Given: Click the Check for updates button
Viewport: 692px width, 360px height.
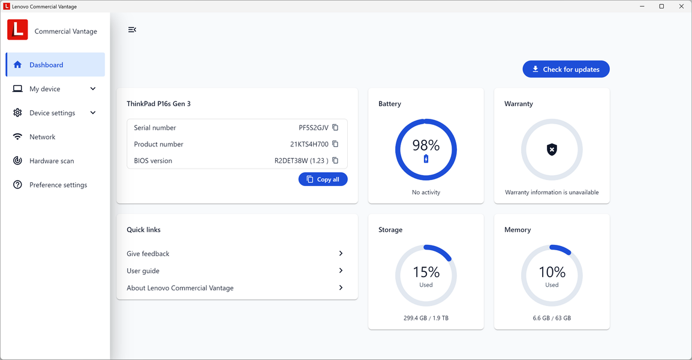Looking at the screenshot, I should pyautogui.click(x=565, y=70).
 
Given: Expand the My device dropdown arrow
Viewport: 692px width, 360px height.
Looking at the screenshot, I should pyautogui.click(x=93, y=89).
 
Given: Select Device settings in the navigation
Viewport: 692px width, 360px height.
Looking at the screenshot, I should pyautogui.click(x=52, y=113).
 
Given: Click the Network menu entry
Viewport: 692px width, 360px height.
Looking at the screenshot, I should pyautogui.click(x=42, y=137).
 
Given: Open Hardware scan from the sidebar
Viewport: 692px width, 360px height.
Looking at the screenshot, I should pyautogui.click(x=52, y=161).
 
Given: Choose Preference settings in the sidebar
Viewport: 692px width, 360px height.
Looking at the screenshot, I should pyautogui.click(x=58, y=185).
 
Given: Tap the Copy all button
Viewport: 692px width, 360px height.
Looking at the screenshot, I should pyautogui.click(x=323, y=179).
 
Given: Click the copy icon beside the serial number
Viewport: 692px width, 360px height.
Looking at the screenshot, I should pyautogui.click(x=335, y=128).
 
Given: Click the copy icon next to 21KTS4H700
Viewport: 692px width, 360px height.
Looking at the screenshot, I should pyautogui.click(x=335, y=144).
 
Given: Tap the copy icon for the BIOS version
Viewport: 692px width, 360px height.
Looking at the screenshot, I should pyautogui.click(x=335, y=161).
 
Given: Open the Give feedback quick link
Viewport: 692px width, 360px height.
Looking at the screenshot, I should pyautogui.click(x=148, y=254).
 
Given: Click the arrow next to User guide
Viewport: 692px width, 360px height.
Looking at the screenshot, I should pyautogui.click(x=341, y=271).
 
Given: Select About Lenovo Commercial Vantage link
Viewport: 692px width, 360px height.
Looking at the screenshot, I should pyautogui.click(x=180, y=288).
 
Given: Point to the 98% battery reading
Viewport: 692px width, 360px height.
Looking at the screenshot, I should pyautogui.click(x=426, y=145).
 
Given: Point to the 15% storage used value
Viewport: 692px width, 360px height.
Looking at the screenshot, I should pyautogui.click(x=426, y=272).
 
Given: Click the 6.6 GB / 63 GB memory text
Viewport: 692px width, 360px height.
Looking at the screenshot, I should pyautogui.click(x=552, y=318).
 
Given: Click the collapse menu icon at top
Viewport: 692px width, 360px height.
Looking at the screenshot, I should pyautogui.click(x=132, y=29).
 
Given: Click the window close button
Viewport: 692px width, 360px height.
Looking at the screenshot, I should pyautogui.click(x=680, y=7).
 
